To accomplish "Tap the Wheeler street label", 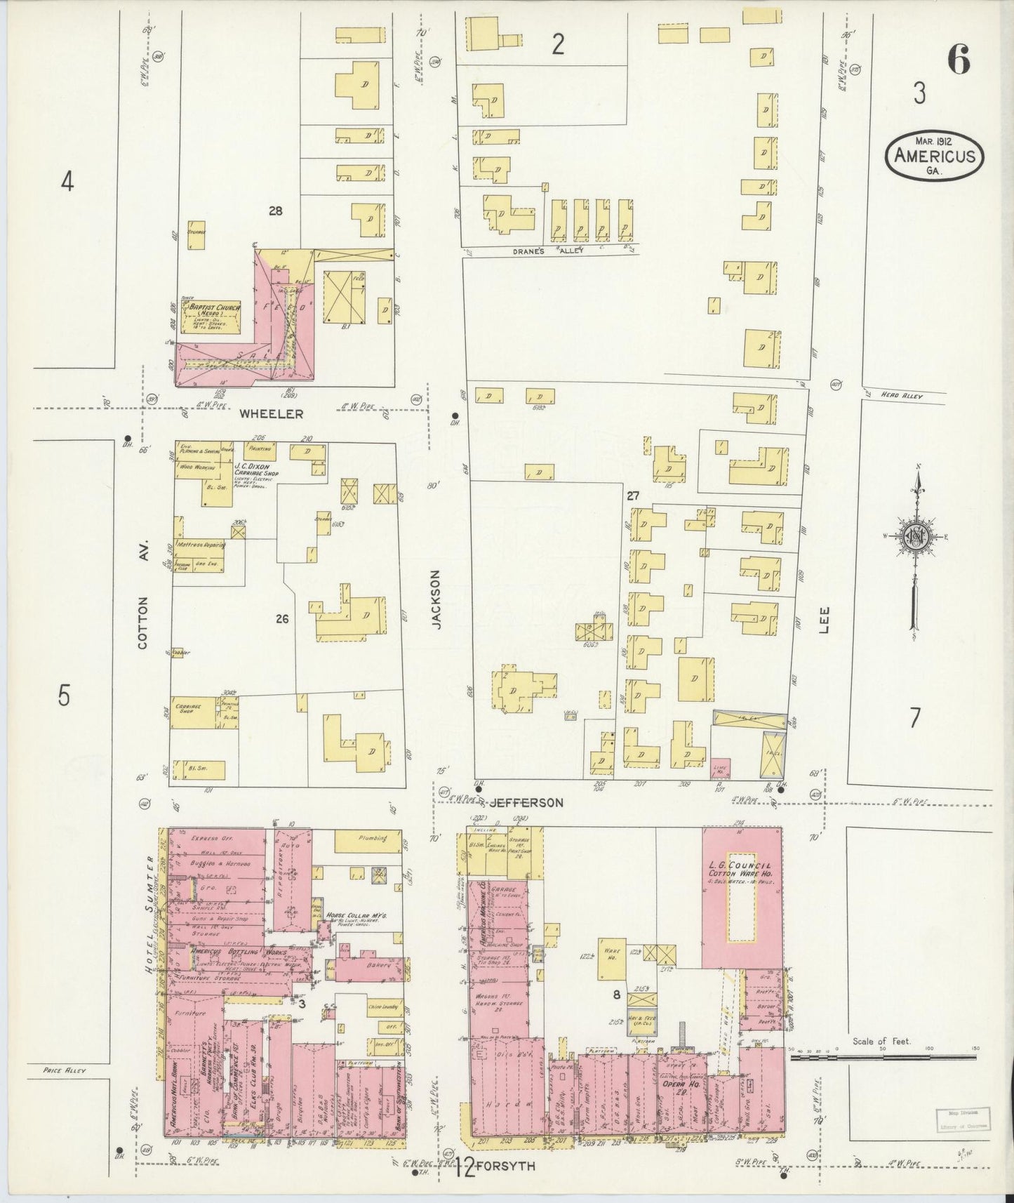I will (272, 414).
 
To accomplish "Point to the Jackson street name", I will (436, 599).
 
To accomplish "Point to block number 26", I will (282, 619).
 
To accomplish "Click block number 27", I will (633, 496).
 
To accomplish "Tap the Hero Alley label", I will (902, 397).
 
